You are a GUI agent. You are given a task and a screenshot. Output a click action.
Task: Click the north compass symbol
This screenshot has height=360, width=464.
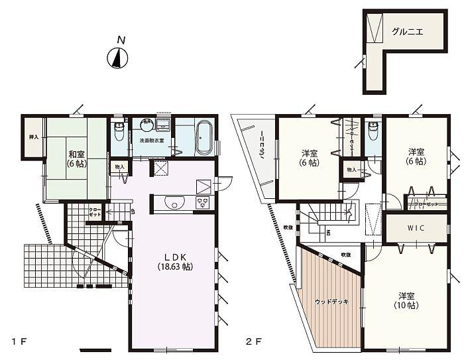click(x=117, y=59)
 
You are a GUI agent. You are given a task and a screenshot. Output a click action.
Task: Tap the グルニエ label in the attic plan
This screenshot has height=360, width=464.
click(x=407, y=31)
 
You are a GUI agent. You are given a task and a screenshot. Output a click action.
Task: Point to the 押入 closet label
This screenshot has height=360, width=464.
click(x=33, y=137)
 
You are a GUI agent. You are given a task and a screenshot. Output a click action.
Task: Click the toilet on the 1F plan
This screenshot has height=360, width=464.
click(x=119, y=132)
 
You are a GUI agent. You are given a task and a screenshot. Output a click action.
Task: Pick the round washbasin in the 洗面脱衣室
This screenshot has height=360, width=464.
click(x=146, y=127)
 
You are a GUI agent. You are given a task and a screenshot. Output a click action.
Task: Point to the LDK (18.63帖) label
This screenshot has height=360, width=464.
click(x=174, y=261)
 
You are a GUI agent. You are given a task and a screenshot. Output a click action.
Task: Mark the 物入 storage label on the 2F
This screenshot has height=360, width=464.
click(x=351, y=170)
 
